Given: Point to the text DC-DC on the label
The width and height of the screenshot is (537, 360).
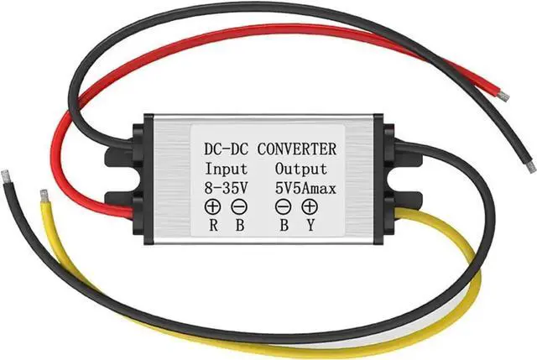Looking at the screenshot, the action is click(x=228, y=150).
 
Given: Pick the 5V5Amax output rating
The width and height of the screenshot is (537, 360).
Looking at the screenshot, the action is click(x=305, y=188).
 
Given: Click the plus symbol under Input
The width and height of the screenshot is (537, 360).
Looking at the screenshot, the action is click(x=212, y=206).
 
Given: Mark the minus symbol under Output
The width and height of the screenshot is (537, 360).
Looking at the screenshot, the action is click(x=284, y=206).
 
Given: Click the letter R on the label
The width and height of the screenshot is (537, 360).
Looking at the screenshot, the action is click(x=213, y=224).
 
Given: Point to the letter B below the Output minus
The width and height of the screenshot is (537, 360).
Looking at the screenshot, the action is click(x=284, y=224).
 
